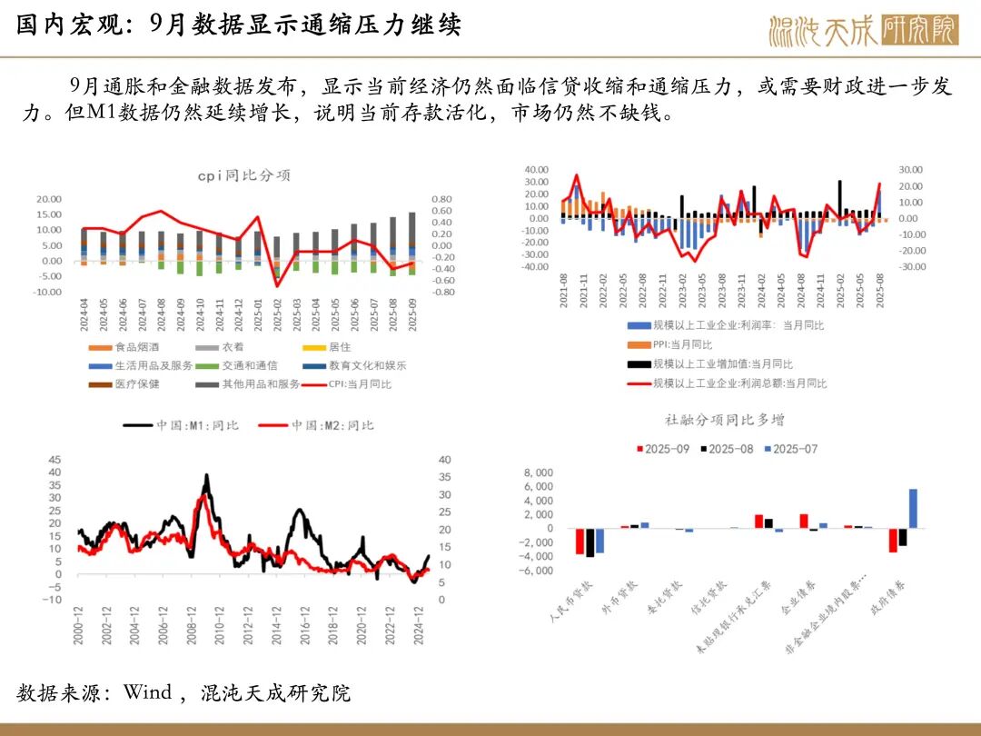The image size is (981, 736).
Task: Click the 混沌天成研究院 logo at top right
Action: [x=862, y=30]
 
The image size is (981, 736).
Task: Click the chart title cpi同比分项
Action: [x=250, y=175]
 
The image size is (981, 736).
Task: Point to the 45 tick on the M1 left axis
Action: [x=54, y=459]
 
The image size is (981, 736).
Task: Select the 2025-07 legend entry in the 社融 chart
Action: [x=790, y=449]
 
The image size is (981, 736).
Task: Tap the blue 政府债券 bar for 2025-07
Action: [x=913, y=508]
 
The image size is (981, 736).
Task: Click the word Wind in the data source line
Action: [x=147, y=692]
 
